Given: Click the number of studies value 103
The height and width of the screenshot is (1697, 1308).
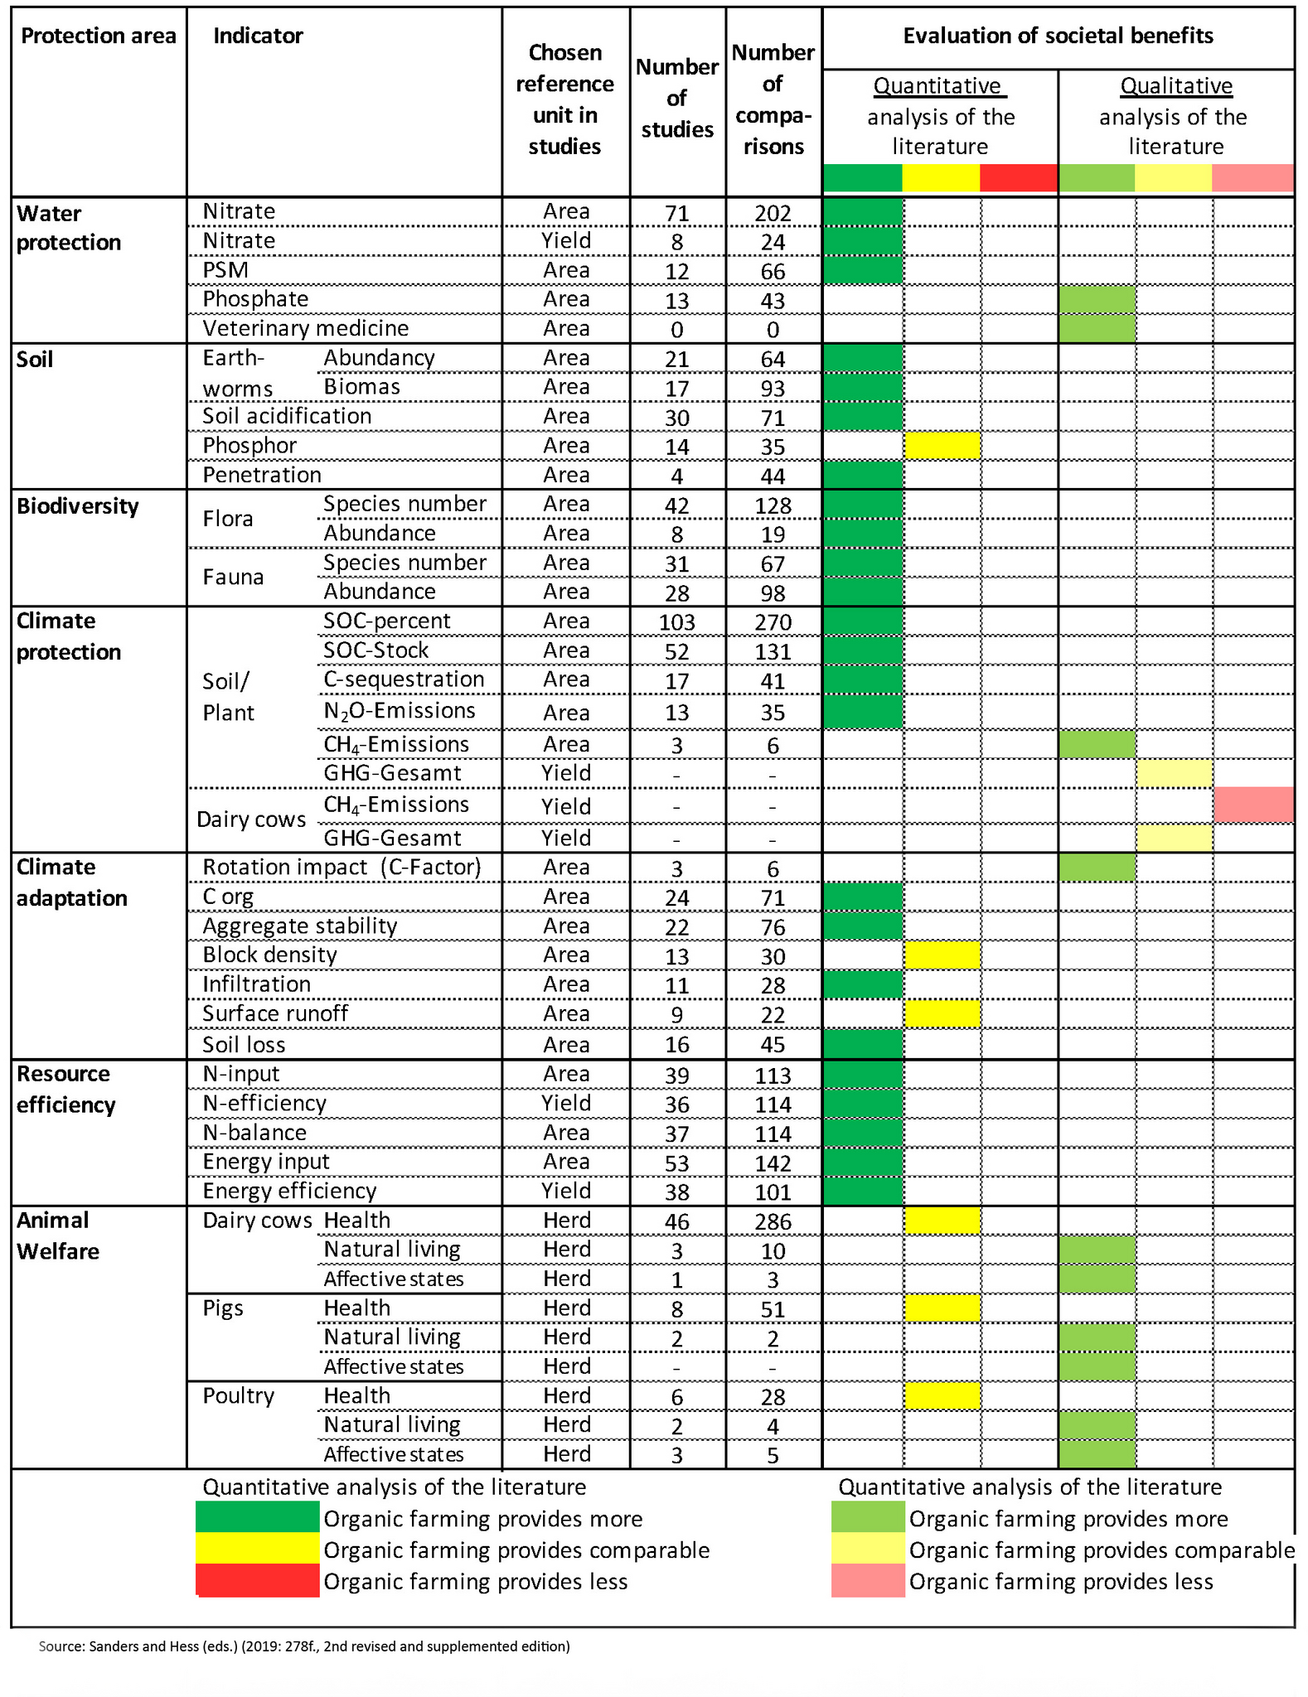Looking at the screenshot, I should click(676, 621).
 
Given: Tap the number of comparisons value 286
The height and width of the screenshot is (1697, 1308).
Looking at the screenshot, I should click(773, 1221).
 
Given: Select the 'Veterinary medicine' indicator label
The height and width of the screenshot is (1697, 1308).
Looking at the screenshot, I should click(305, 328).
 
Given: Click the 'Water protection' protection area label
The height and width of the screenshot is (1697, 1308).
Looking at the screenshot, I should click(69, 228).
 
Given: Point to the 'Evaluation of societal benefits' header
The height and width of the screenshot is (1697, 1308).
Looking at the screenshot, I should click(1058, 36).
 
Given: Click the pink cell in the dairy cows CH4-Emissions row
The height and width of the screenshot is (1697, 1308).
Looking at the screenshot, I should click(1253, 805).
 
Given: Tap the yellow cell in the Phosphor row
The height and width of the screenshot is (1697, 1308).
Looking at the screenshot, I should click(942, 445).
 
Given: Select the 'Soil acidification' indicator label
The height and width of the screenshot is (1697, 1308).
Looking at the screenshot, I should click(287, 416).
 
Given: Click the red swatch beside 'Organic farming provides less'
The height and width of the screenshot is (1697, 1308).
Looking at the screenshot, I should click(257, 1580).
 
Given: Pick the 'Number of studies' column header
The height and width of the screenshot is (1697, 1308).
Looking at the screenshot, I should click(676, 98).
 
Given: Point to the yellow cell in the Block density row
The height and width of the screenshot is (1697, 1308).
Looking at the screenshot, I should click(942, 955).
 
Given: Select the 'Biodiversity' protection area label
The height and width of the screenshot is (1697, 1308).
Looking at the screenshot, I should click(77, 506).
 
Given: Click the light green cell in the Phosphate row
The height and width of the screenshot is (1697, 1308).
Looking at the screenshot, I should click(1097, 299).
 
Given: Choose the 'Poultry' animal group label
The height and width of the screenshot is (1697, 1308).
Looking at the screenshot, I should click(239, 1395).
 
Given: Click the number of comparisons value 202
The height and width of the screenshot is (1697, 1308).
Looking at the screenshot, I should click(773, 213).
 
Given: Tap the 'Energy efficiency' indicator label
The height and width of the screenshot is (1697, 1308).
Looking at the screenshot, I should click(289, 1191).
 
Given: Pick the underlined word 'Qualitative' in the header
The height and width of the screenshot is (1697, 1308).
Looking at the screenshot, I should click(1175, 86).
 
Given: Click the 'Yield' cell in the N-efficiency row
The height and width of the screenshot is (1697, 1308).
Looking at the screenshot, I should click(565, 1103).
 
